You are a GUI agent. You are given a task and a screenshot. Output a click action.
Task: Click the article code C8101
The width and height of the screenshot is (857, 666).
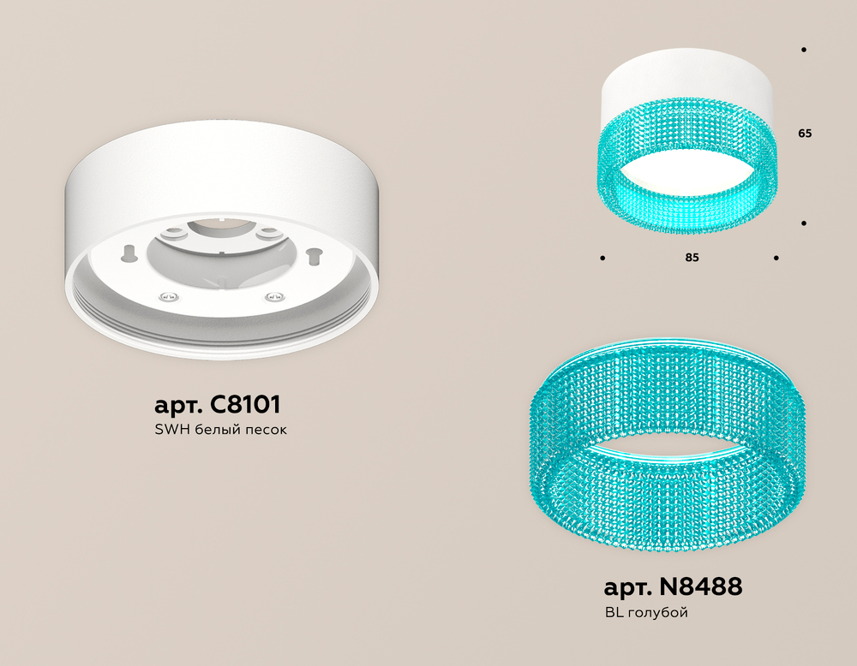pos(245,405)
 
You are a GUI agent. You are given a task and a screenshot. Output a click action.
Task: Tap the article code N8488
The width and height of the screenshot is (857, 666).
pos(701,587)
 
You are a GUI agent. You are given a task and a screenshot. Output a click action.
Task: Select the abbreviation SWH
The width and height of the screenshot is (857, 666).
pos(172,430)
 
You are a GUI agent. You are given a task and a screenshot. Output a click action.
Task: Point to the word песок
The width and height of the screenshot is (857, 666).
pos(266,431)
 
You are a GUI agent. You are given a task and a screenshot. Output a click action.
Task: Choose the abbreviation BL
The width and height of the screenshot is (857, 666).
pos(614,613)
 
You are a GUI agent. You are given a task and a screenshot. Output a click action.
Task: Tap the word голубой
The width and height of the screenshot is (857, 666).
pos(658,613)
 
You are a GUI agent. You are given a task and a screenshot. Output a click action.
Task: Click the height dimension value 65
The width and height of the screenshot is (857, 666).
pos(805,134)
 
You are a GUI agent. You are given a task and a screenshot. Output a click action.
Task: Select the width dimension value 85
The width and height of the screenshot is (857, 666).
pos(692,257)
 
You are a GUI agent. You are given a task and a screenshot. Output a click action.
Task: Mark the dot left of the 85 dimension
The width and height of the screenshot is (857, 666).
pos(602,258)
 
